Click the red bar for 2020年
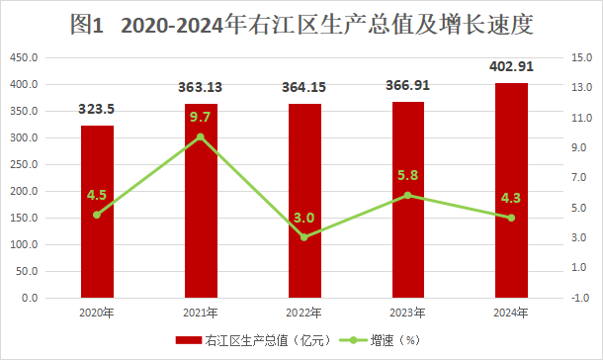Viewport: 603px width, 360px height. click(97, 212)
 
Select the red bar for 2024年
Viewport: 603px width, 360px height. click(511, 190)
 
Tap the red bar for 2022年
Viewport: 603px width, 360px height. click(305, 201)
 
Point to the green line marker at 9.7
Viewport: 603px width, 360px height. click(201, 136)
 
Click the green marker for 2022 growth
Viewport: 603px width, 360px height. click(304, 237)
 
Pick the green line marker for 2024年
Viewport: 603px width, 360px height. click(511, 218)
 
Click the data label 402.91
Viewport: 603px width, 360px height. click(511, 66)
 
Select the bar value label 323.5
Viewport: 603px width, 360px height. click(97, 109)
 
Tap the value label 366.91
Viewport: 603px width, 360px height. click(407, 85)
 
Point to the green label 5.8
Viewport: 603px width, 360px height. click(407, 175)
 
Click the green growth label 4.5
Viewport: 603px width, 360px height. click(97, 195)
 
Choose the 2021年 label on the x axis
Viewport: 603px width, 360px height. click(201, 313)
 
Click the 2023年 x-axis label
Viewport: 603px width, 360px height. click(407, 313)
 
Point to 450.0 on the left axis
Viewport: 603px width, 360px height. click(24, 57)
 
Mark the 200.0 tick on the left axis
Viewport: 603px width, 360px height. click(24, 191)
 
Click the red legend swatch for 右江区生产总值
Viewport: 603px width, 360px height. click(189, 340)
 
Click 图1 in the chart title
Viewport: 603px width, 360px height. click(87, 25)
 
